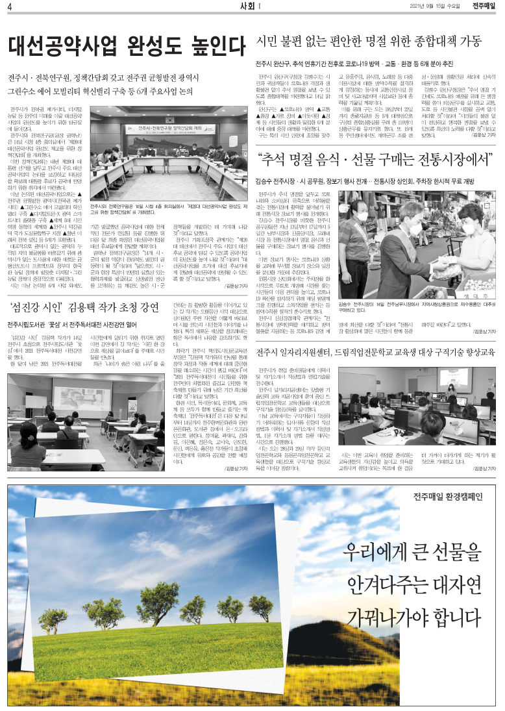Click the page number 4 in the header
click(x=11, y=6)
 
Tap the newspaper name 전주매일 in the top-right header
click(x=484, y=6)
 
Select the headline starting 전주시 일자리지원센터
click(x=375, y=353)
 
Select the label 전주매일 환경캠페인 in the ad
click(x=447, y=497)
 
